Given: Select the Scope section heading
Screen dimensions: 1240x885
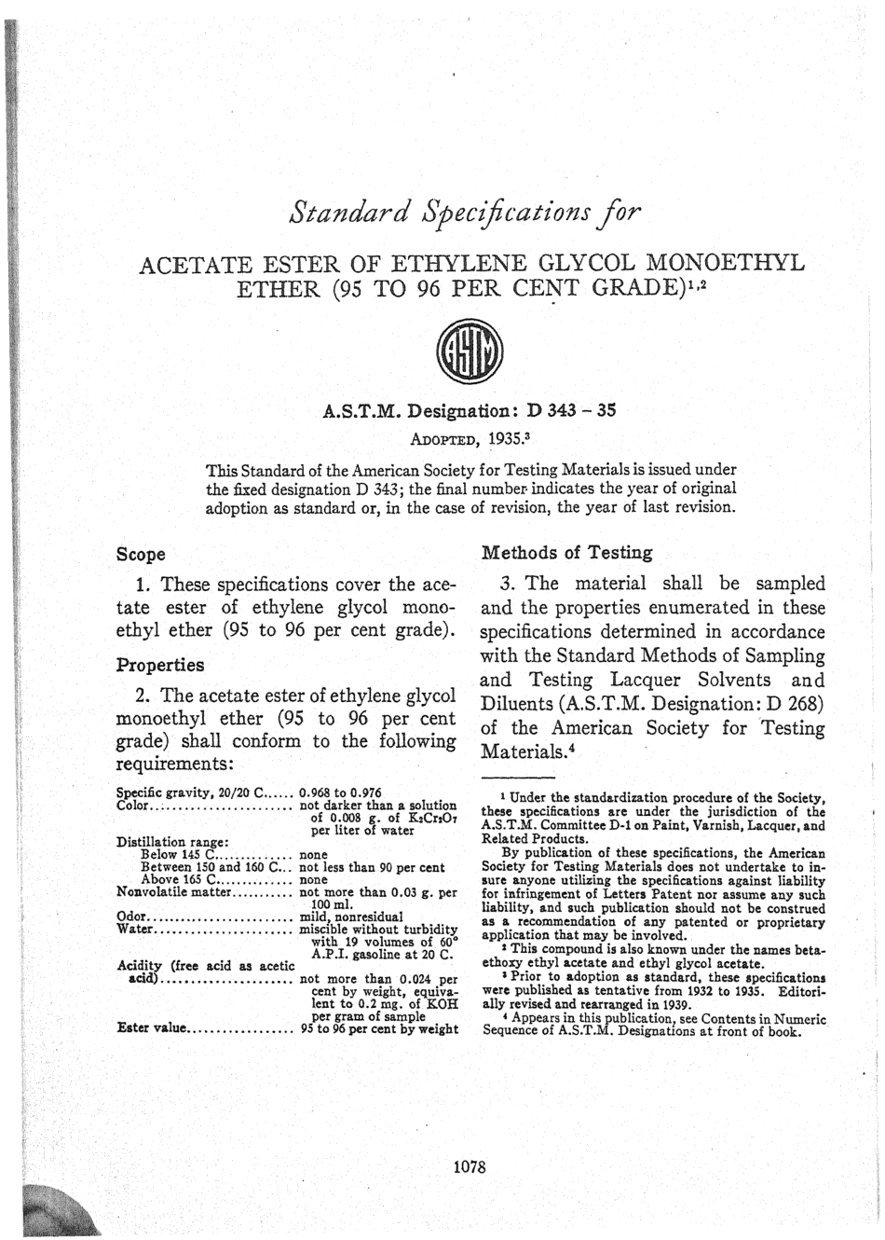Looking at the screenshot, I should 140,554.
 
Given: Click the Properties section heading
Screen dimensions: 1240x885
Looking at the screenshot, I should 159,666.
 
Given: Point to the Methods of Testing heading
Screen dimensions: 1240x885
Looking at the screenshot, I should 566,552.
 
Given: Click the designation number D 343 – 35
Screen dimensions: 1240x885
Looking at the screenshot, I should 570,409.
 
